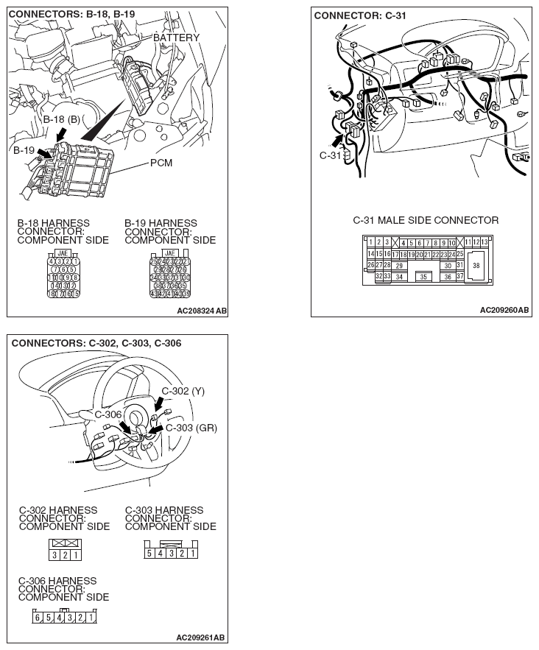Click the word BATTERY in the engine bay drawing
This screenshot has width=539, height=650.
point(176,38)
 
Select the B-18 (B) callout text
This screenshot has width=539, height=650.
point(61,119)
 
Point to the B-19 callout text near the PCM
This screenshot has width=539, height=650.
point(24,150)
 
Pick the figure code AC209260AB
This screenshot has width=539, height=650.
point(504,311)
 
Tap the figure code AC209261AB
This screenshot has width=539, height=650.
point(201,637)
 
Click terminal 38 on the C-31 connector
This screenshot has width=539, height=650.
point(476,265)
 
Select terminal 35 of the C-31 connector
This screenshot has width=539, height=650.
point(423,277)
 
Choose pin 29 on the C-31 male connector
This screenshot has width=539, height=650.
point(398,265)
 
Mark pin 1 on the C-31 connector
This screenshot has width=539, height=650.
point(371,242)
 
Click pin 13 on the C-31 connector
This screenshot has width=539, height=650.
point(484,242)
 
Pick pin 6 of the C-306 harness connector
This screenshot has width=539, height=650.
point(37,618)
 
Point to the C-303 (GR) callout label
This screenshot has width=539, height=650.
point(191,428)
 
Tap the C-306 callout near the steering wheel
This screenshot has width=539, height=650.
point(108,415)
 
